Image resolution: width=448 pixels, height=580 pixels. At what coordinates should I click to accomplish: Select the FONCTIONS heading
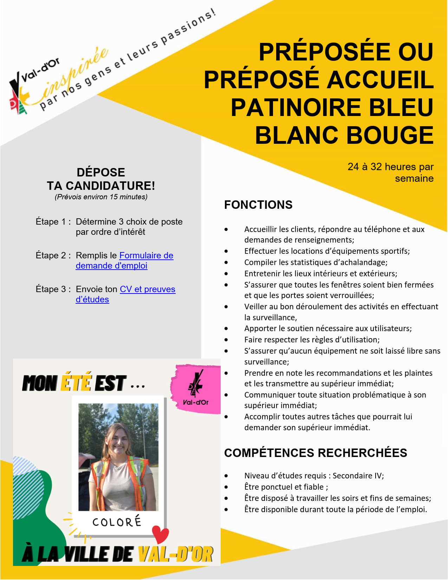[258, 205]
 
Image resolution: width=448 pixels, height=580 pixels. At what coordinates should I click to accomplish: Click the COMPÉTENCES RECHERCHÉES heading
[316, 453]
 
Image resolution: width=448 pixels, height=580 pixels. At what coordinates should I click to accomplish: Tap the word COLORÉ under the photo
[117, 522]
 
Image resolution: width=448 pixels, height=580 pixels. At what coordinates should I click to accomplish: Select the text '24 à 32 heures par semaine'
[391, 172]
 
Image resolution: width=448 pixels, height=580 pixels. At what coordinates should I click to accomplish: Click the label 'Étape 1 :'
[53, 222]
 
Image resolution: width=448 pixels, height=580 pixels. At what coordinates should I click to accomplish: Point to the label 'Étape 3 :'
[53, 289]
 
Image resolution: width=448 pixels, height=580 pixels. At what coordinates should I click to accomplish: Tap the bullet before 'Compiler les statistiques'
[226, 263]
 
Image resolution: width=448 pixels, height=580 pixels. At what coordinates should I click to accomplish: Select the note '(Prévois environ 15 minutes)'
[101, 197]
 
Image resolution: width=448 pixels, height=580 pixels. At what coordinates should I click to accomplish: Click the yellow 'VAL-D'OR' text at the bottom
[175, 554]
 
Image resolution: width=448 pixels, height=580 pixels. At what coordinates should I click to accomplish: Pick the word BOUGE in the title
[390, 135]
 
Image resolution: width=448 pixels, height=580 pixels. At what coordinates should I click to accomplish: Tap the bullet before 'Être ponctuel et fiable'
[226, 487]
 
